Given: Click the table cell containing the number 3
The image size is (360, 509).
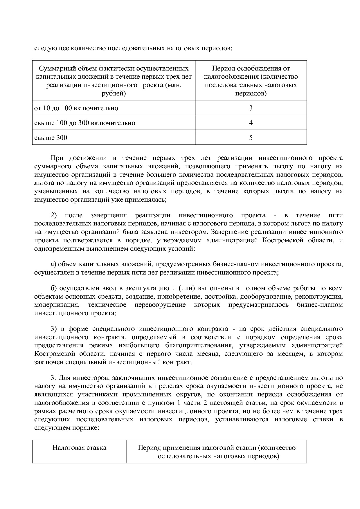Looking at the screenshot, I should pos(251,108).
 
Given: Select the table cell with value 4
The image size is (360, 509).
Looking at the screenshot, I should pos(251,123).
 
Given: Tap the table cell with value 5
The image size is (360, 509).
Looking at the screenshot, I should pos(251,138).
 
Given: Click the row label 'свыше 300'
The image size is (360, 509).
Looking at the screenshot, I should pos(51,138).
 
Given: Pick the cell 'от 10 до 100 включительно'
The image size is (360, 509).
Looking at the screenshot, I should pos(76,108).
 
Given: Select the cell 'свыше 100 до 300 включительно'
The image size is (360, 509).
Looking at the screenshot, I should pos(85,123).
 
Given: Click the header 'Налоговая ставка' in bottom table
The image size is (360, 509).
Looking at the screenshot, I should pos(79,447).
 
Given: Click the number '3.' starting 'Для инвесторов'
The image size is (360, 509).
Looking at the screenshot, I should pos(53,378).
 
